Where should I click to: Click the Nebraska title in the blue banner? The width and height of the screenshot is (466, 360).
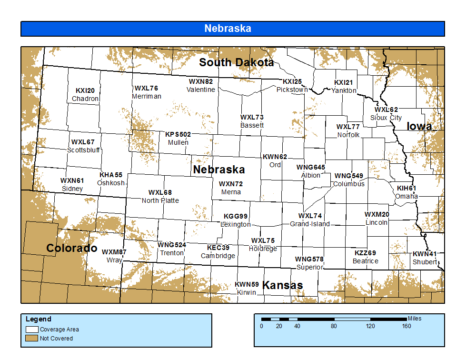(x=228, y=29)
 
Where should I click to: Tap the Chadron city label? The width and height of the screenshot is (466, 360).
(x=85, y=99)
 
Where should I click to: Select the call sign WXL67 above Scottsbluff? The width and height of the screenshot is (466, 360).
(x=83, y=142)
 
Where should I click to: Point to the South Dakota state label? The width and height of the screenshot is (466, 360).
(x=236, y=62)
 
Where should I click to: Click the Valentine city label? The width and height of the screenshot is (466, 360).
(x=200, y=90)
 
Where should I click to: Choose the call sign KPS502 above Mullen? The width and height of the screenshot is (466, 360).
(x=178, y=134)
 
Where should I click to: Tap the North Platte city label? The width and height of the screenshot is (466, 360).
(x=160, y=200)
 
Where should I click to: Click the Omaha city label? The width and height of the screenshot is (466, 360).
(x=407, y=196)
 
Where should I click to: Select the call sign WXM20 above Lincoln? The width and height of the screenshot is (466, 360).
(x=377, y=214)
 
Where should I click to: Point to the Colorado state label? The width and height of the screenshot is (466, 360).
(x=71, y=248)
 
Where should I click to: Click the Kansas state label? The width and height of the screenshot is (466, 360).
(x=283, y=285)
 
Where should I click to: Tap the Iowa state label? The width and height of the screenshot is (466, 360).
(x=419, y=126)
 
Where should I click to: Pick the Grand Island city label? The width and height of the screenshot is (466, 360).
(x=310, y=224)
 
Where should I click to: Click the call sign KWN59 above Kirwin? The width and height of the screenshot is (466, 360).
(x=247, y=284)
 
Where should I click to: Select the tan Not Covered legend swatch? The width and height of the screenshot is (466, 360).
(x=32, y=338)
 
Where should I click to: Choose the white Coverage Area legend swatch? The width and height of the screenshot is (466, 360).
(x=32, y=329)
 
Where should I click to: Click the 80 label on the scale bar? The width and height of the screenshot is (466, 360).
(x=334, y=326)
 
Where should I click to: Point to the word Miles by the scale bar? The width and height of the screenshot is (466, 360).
(x=414, y=319)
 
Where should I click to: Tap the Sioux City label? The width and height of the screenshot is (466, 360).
(x=386, y=118)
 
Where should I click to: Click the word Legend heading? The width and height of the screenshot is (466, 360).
(x=38, y=319)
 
